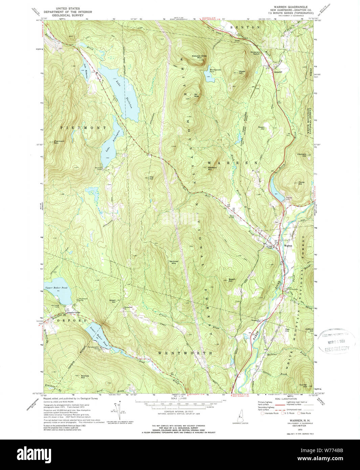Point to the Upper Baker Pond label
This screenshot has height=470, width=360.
(x=56, y=287)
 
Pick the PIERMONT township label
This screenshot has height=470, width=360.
(x=83, y=128)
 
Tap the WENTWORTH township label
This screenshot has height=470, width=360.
(x=185, y=353)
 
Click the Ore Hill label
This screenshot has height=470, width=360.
(x=151, y=178)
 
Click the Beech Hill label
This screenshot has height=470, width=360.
(x=232, y=280)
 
